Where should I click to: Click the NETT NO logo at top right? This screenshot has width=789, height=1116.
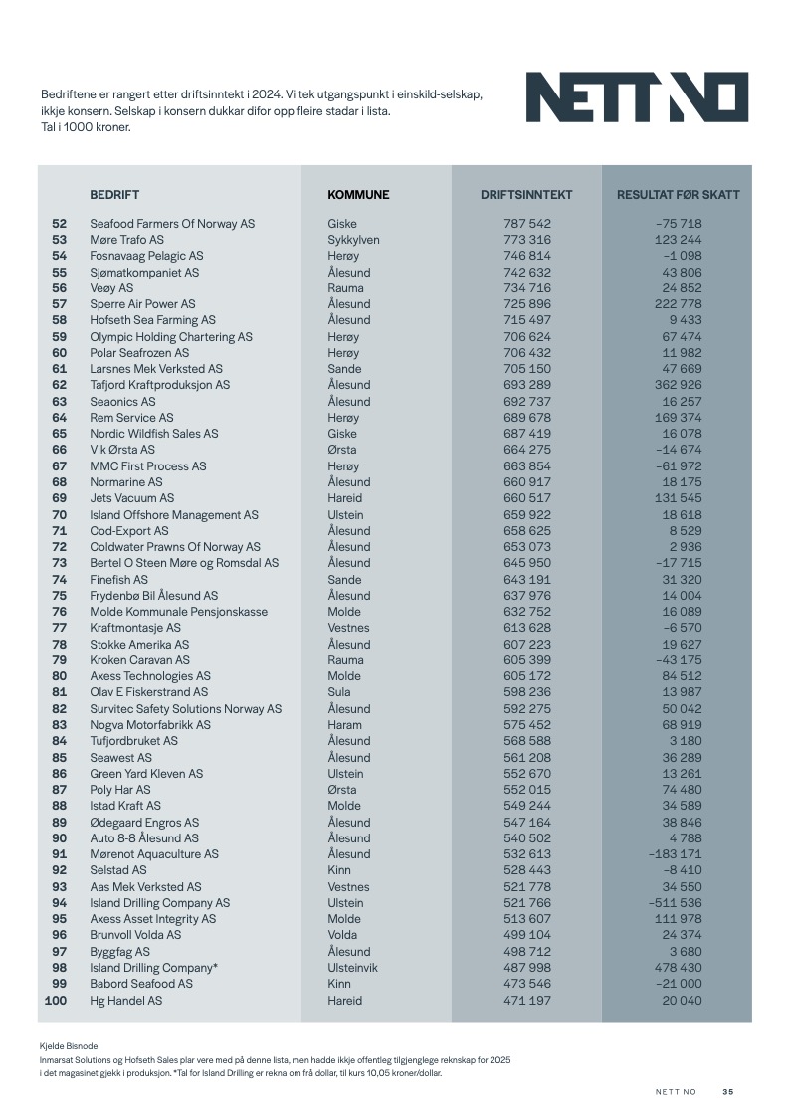tap(637, 97)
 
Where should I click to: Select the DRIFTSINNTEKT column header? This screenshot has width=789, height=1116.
tap(526, 195)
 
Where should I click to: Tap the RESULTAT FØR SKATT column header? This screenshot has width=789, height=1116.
tap(678, 195)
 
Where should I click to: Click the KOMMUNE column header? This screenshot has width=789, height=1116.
tap(358, 195)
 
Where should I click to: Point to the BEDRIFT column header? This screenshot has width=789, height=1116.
tap(114, 195)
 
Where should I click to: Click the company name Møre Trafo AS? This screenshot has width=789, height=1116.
tap(126, 240)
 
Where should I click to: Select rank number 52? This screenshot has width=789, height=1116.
tap(59, 224)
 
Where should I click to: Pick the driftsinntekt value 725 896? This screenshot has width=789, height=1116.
tap(527, 304)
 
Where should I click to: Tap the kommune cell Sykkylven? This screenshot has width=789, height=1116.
tap(353, 240)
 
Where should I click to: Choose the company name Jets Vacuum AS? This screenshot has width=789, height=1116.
tap(131, 498)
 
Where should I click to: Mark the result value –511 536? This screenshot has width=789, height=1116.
tap(676, 903)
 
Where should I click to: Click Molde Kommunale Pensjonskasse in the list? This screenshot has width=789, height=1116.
tap(178, 612)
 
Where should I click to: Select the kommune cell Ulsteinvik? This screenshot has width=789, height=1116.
tap(355, 968)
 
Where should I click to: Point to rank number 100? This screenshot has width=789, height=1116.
tap(56, 1001)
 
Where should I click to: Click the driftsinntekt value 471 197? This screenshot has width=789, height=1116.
tap(527, 1001)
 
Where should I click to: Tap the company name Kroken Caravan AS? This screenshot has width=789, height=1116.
tap(139, 660)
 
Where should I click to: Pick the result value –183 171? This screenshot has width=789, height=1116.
tap(676, 854)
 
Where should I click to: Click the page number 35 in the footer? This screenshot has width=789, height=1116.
tap(728, 1092)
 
